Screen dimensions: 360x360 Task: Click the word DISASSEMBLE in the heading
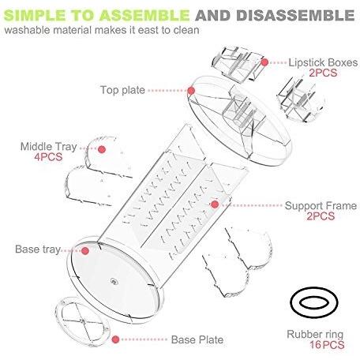coord(295,15)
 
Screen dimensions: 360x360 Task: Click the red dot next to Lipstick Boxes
coord(264,62)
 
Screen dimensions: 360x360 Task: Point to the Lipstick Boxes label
coord(323,62)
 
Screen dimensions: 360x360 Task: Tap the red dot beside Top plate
coord(191,91)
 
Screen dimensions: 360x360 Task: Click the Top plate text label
coord(122,90)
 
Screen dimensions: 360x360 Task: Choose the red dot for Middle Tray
coord(102,149)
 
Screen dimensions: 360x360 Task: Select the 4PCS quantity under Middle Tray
coord(48,157)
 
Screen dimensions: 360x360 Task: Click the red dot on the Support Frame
coord(215,204)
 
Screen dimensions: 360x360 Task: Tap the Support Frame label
coord(321,206)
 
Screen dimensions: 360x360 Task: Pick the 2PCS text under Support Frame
coord(321,216)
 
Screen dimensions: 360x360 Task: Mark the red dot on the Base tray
coord(85,251)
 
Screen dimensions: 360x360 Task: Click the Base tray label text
coord(38,249)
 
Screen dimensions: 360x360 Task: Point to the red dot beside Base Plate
coord(115,339)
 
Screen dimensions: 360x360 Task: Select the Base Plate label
coord(197,339)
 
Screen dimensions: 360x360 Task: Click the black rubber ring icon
coord(291,302)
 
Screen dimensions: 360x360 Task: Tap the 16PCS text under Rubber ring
coord(327,345)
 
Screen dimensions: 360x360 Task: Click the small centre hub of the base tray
coord(114,282)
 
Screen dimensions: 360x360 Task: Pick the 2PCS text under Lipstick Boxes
coord(323,73)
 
